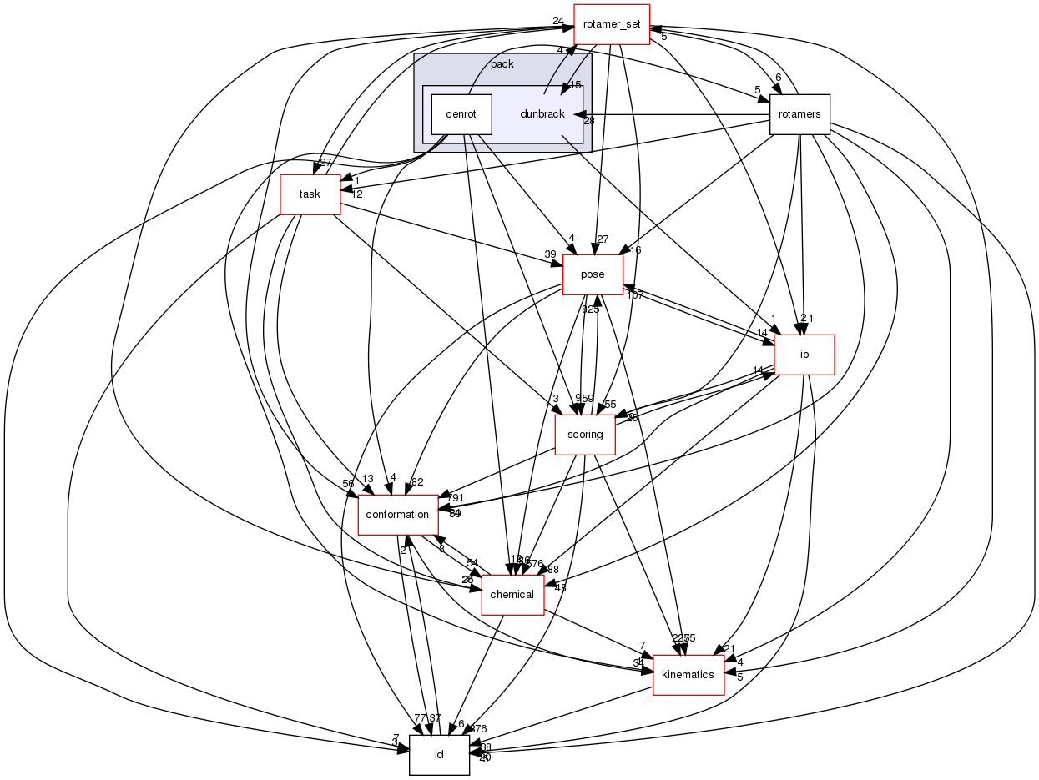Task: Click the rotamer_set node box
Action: click(x=612, y=24)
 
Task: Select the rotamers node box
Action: click(x=799, y=113)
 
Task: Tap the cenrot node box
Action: click(x=461, y=113)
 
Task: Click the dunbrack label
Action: click(x=542, y=113)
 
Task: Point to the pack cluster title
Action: click(x=502, y=64)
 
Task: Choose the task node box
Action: click(x=310, y=194)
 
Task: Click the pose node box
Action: click(x=593, y=274)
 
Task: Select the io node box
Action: click(x=804, y=355)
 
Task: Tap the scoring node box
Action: click(x=585, y=435)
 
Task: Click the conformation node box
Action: click(x=398, y=515)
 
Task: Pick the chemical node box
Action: click(x=512, y=595)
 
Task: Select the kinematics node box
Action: click(x=688, y=675)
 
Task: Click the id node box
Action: click(x=439, y=755)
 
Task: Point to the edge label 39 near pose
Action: click(x=550, y=255)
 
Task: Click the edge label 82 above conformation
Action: click(x=417, y=482)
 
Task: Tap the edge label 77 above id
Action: click(x=420, y=718)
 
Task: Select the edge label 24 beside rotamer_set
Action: click(x=558, y=21)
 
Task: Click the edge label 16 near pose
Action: click(x=635, y=250)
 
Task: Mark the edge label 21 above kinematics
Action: click(x=729, y=649)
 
